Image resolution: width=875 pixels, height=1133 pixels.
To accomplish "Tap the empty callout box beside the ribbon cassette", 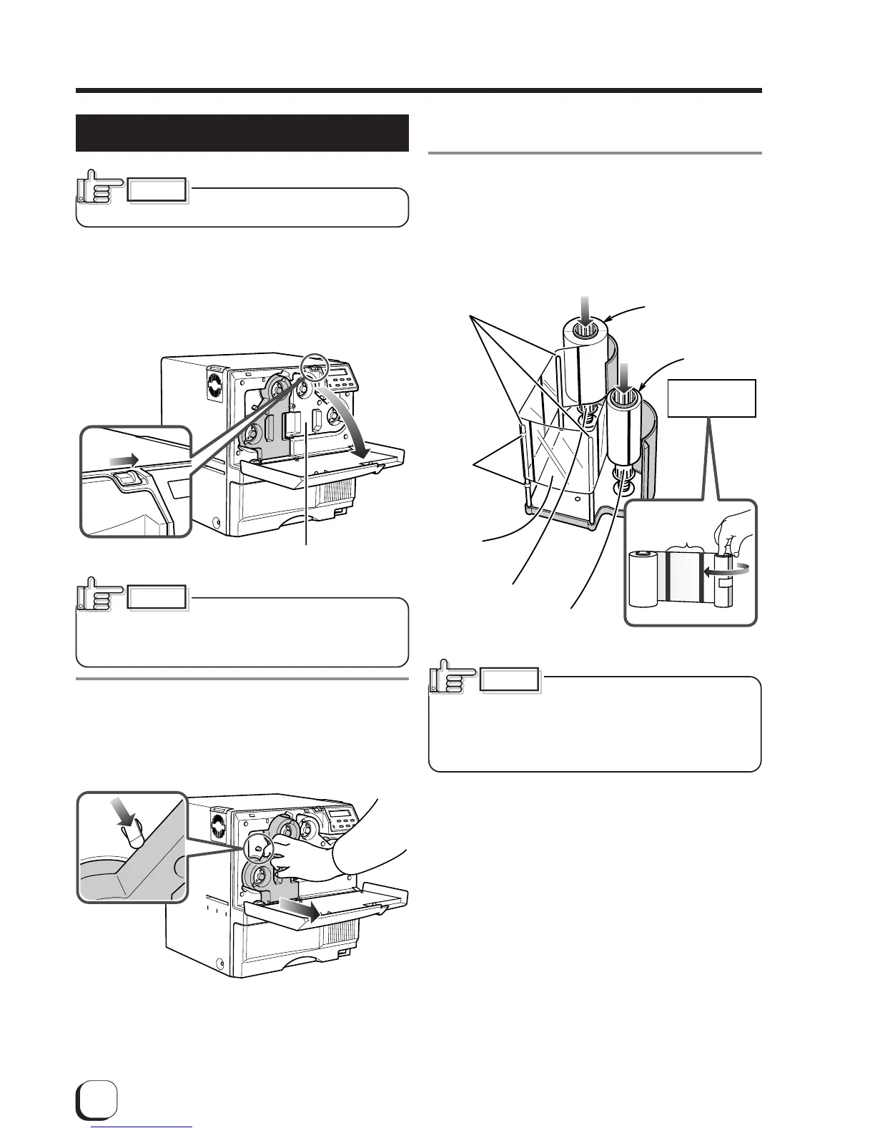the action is pyautogui.click(x=711, y=398).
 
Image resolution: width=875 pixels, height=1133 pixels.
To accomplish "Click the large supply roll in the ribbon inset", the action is pyautogui.click(x=643, y=579).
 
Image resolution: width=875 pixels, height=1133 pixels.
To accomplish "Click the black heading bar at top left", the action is pyautogui.click(x=242, y=133).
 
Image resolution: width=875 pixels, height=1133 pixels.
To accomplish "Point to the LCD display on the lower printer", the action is pyautogui.click(x=335, y=816).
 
